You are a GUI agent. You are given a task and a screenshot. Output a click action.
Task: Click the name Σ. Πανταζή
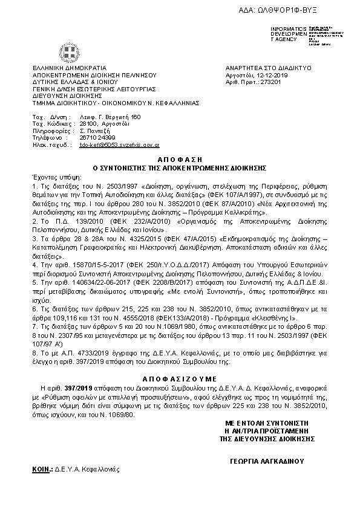pyautogui.click(x=97, y=130)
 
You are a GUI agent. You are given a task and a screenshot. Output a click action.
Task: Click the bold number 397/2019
pyautogui.click(x=81, y=385)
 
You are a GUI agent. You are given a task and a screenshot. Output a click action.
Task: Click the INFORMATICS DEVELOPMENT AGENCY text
pyautogui.click(x=284, y=34)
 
